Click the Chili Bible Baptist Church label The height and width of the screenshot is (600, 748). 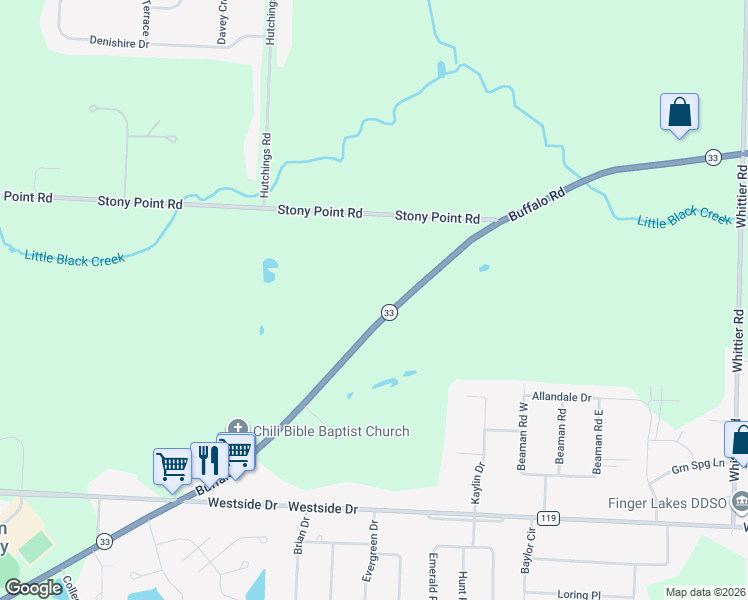click(x=331, y=431)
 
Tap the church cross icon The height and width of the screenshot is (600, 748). click(x=238, y=428)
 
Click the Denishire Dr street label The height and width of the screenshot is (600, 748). click(x=119, y=43)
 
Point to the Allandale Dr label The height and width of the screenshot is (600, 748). click(x=563, y=397)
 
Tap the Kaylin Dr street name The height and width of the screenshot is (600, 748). click(x=480, y=481)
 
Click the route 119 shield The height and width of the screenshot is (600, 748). click(x=546, y=518)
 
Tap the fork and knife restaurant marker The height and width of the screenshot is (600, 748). click(x=209, y=459)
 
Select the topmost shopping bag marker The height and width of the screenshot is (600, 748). click(x=679, y=113)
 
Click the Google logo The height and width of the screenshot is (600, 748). click(x=34, y=588)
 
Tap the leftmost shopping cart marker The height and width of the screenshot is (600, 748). click(x=172, y=466)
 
